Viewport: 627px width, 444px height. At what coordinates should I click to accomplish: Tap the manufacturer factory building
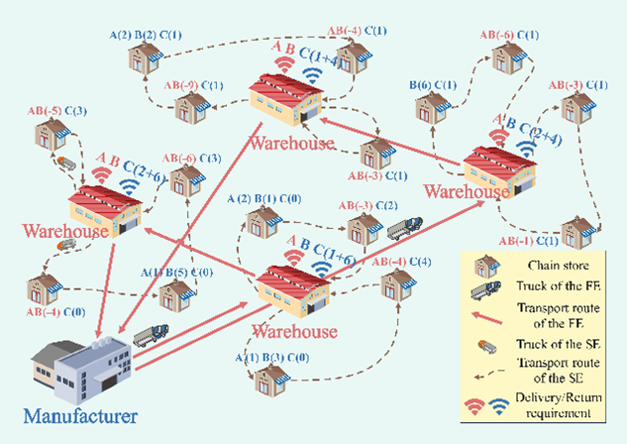point(83,362)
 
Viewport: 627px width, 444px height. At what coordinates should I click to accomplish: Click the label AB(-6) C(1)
point(510,35)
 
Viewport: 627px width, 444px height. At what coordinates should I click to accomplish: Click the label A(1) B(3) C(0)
point(270,357)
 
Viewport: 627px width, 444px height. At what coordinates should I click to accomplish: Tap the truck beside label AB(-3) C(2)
point(401,229)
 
